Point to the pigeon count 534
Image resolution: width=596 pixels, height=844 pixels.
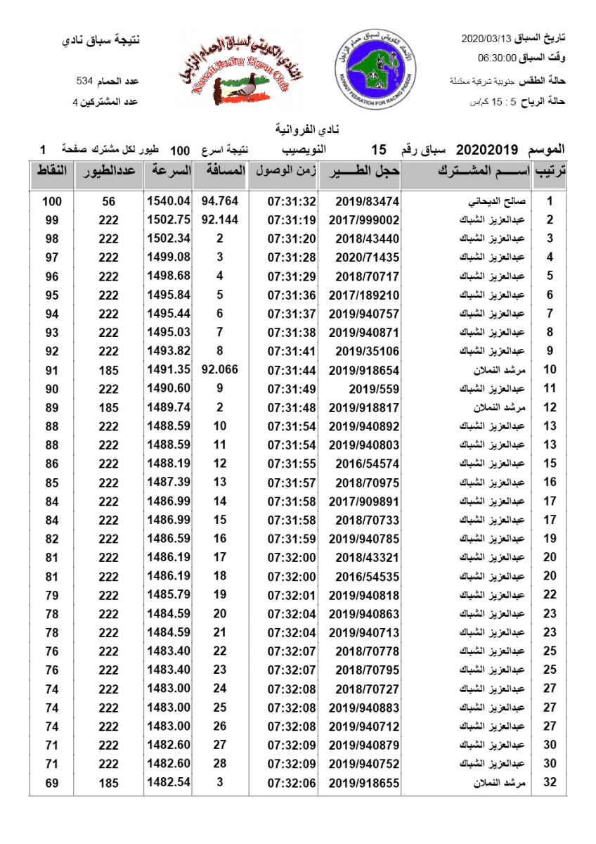85,82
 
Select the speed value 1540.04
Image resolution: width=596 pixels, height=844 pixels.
169,201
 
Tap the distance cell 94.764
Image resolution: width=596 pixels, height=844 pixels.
220,201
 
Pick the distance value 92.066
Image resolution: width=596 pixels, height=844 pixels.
220,370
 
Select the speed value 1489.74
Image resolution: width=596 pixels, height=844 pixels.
169,407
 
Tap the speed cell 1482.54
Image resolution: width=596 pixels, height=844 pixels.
169,783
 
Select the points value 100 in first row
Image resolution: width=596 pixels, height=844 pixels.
52,201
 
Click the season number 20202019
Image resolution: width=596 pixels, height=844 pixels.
487,150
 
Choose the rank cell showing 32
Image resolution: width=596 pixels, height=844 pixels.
550,783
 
